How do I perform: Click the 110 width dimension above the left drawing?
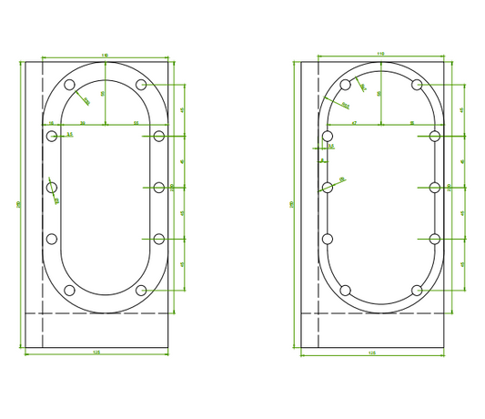pos(105,56)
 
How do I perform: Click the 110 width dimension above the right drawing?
pos(380,55)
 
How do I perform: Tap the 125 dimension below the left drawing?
pos(96,351)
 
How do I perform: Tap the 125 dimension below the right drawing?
pos(371,352)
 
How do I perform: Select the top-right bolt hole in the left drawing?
pos(141,85)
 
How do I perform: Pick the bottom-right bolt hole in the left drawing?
pos(141,291)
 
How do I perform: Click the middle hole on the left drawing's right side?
pos(158,187)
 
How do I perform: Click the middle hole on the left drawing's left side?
pos(52,187)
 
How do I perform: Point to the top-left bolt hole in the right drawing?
pos(346,85)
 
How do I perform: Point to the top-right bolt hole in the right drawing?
pos(417,85)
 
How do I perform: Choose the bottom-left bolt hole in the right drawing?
pos(346,291)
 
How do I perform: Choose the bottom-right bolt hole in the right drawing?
pos(417,291)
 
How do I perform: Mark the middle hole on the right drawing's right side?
pos(435,187)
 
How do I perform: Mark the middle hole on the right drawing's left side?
pos(328,187)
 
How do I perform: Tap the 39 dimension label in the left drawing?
pos(83,121)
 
